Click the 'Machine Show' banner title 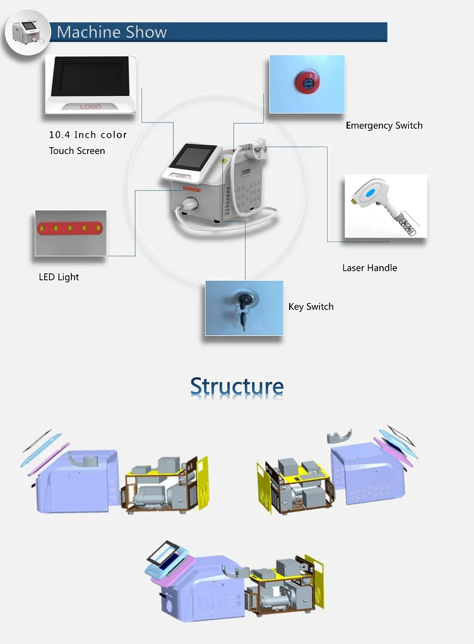[112, 32]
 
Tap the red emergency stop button [307, 83]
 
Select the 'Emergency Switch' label [384, 125]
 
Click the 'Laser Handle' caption [370, 268]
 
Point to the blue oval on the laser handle [370, 193]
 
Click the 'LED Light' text [59, 277]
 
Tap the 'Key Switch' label [311, 307]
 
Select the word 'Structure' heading [237, 386]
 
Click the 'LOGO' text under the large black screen [91, 106]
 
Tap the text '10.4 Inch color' [88, 134]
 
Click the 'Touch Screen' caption [77, 151]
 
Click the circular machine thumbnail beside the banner [27, 32]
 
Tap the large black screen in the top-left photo [90, 76]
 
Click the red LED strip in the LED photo [70, 228]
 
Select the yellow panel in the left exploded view [203, 482]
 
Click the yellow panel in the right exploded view [264, 487]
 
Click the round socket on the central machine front [190, 203]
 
